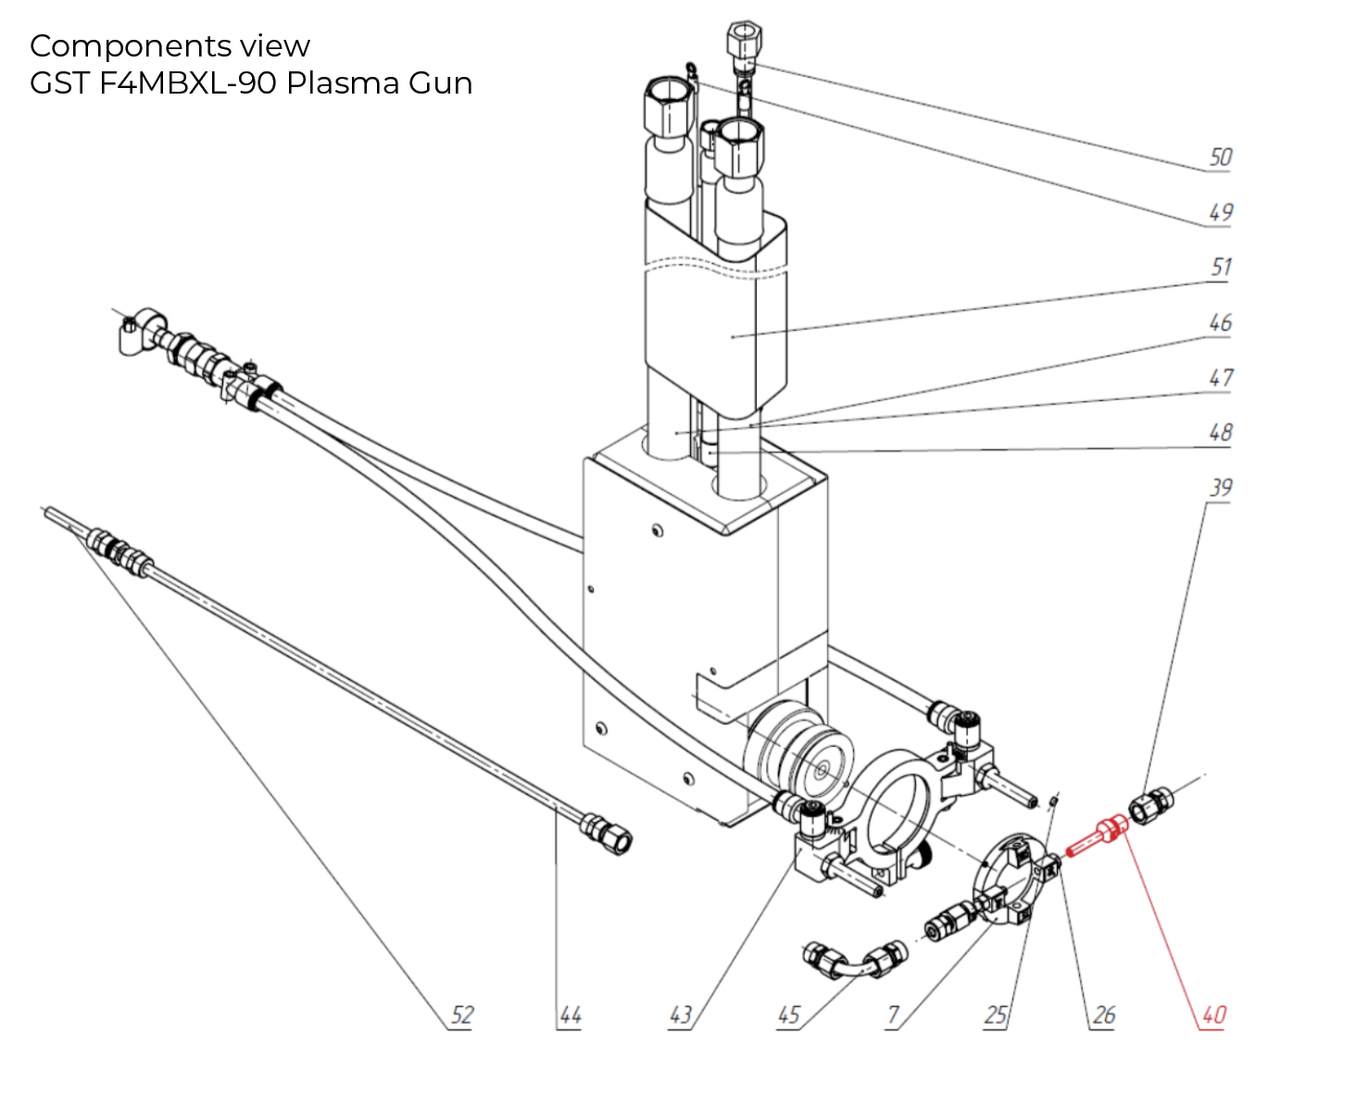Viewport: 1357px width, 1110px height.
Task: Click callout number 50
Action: tap(1220, 158)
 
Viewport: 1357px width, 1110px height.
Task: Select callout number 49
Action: tap(1220, 212)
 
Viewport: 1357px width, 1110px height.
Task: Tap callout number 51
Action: tap(1221, 268)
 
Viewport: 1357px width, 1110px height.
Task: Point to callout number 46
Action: tap(1220, 322)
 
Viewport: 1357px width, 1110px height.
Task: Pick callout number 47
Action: tap(1221, 378)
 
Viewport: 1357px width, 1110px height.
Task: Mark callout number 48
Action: tap(1220, 433)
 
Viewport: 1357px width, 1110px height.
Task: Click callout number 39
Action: tap(1221, 488)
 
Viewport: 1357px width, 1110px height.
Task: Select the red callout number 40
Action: tap(1213, 1015)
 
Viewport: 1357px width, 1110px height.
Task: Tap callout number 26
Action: tap(1103, 1015)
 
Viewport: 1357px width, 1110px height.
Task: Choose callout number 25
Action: tap(996, 1015)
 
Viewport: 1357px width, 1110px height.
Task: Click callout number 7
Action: tap(893, 1015)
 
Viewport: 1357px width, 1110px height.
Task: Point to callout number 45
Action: tap(788, 1015)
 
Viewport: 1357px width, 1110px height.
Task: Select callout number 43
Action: tap(681, 1015)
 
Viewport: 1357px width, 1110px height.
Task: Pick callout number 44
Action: tap(570, 1015)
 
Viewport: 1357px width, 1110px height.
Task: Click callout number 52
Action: tap(461, 1015)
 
